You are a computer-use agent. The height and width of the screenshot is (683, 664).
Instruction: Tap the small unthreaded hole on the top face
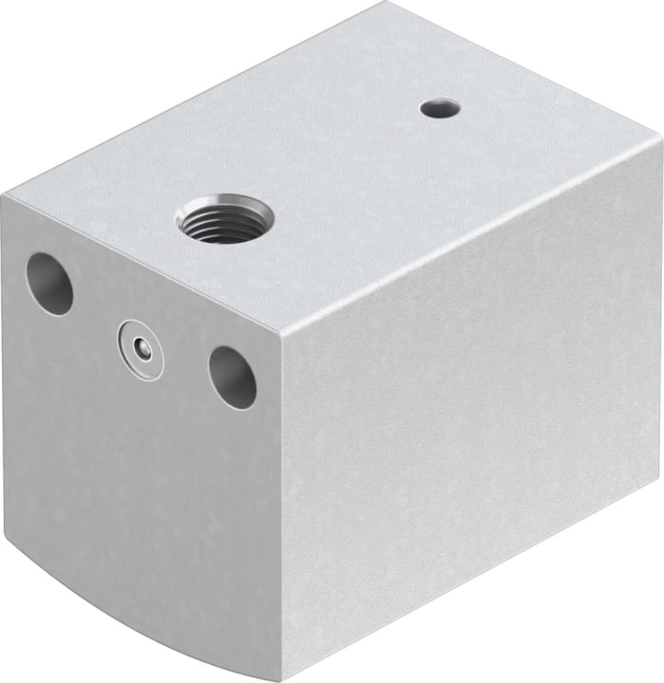pyautogui.click(x=439, y=109)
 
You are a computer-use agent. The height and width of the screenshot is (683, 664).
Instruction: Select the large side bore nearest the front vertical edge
pyautogui.click(x=232, y=377)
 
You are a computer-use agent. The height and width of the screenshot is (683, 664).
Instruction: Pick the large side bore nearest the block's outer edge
pyautogui.click(x=49, y=284)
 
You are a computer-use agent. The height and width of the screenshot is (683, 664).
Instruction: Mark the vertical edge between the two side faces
pyautogui.click(x=282, y=493)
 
